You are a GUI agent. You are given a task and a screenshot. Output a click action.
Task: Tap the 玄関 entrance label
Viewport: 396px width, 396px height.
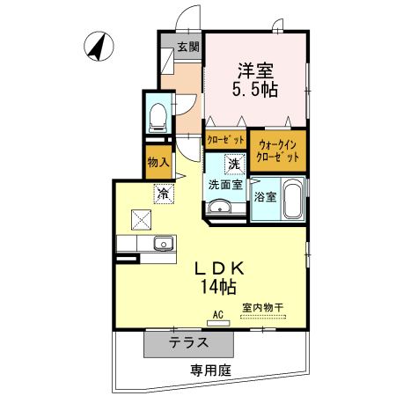pos(187,47)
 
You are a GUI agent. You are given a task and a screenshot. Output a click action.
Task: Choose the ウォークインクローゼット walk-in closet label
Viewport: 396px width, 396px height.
pos(278,150)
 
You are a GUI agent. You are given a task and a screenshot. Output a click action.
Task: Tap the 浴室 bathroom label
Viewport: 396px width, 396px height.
pos(265,196)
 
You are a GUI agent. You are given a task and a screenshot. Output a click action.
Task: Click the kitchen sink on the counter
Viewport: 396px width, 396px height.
pos(161,243)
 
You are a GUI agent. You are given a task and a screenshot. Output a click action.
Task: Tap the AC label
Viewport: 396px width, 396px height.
pos(217,313)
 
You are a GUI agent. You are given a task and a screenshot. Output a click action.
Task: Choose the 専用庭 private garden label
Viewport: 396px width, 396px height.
pos(210,372)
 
